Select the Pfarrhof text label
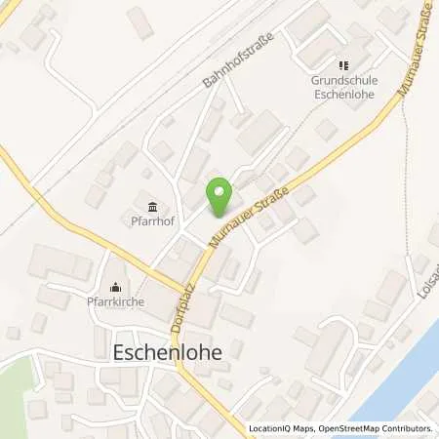[153, 221]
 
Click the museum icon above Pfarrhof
[153, 206]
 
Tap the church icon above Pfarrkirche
[116, 287]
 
